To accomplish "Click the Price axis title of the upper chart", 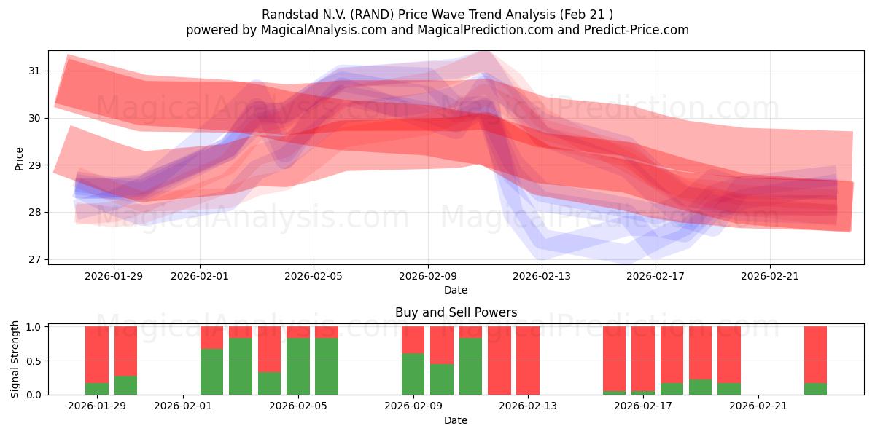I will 19,158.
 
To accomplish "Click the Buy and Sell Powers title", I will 456,312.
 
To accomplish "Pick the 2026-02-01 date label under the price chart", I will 200,276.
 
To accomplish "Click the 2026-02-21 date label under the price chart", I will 769,276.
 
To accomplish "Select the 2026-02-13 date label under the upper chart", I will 542,276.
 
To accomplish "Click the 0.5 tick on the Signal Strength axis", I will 34,361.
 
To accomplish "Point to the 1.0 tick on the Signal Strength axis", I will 34,327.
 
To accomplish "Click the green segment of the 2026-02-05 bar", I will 298,366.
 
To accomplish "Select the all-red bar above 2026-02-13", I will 528,361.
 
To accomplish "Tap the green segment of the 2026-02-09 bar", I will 413,374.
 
